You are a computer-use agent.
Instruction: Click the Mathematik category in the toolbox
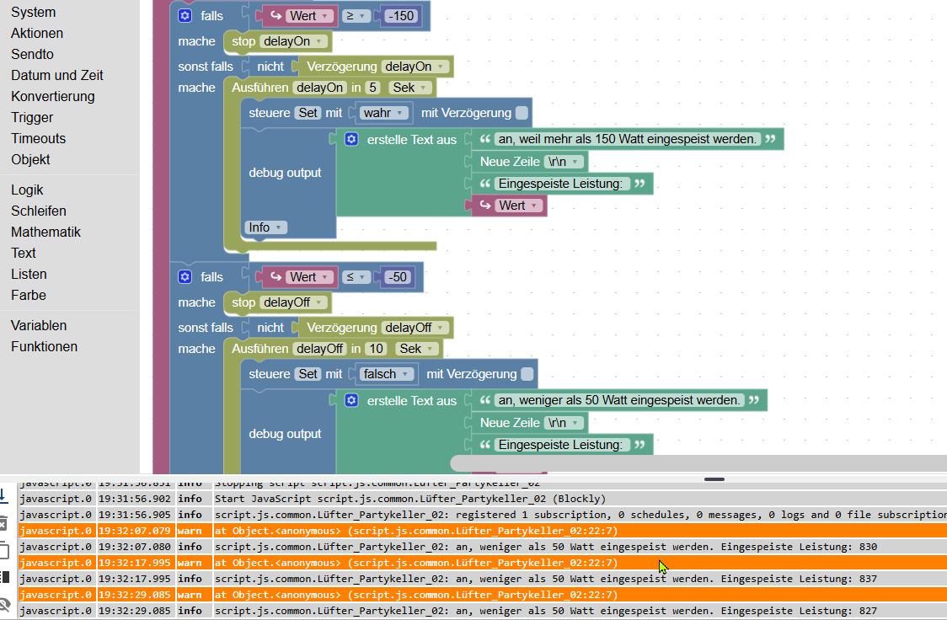tap(45, 232)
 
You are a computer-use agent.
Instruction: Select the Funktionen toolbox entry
tap(44, 346)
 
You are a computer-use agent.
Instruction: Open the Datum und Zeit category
tap(56, 75)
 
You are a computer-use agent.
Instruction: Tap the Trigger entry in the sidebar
tap(32, 117)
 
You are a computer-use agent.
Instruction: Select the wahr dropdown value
tap(385, 113)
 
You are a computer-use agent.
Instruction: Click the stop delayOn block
tap(243, 41)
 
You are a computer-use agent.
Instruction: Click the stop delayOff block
tap(243, 302)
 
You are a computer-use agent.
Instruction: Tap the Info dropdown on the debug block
tap(265, 227)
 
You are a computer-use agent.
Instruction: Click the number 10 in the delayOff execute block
tap(376, 349)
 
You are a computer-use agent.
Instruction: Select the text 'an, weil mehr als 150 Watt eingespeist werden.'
tap(627, 139)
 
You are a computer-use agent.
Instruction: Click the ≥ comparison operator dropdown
tap(353, 15)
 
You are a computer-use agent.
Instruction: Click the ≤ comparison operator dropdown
tap(353, 276)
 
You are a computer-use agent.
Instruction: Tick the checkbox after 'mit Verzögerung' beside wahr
tap(522, 113)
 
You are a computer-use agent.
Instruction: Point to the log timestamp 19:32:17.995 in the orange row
tap(136, 563)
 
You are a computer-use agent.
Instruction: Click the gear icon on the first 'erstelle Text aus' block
tap(351, 139)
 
